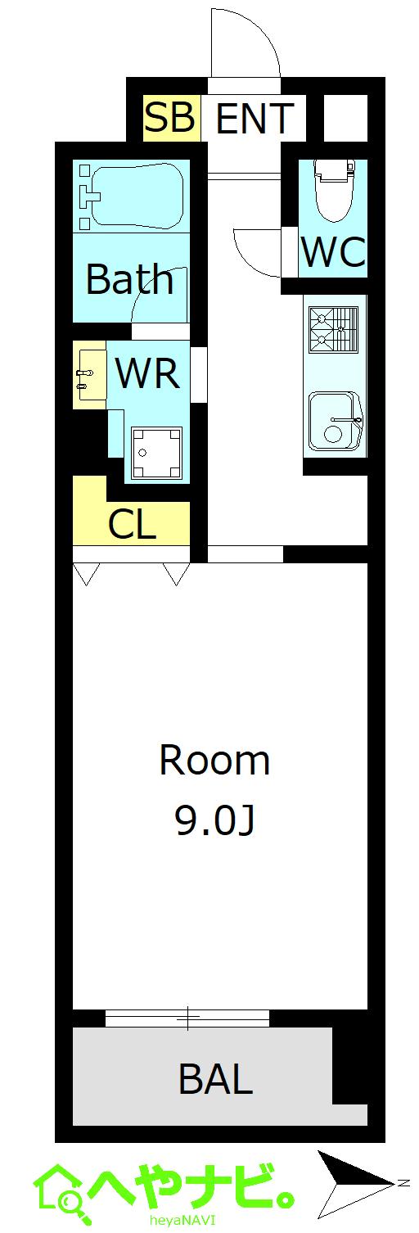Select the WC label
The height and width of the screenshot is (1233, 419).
point(332,252)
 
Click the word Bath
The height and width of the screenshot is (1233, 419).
point(129,280)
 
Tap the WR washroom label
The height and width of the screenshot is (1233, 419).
point(147,373)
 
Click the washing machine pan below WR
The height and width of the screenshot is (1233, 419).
point(155,453)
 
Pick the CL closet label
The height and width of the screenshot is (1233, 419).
point(132,526)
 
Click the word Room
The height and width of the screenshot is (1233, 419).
point(214,761)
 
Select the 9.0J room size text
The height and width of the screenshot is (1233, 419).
point(214,820)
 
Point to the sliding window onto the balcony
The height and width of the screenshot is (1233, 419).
point(187,1018)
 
